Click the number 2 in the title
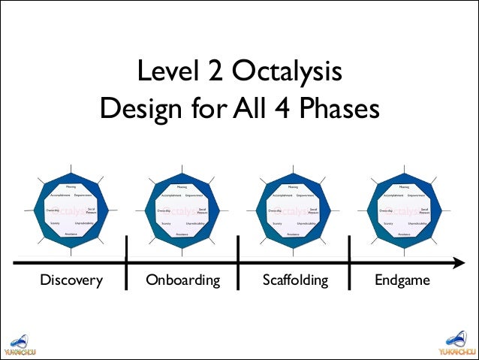(215, 74)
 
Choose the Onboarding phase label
(183, 280)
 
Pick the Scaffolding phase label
(295, 280)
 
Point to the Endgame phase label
(404, 280)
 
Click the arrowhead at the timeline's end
(459, 263)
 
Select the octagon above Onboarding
(182, 211)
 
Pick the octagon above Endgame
(404, 211)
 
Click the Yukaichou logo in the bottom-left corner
(20, 343)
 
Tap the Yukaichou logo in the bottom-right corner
(458, 343)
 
